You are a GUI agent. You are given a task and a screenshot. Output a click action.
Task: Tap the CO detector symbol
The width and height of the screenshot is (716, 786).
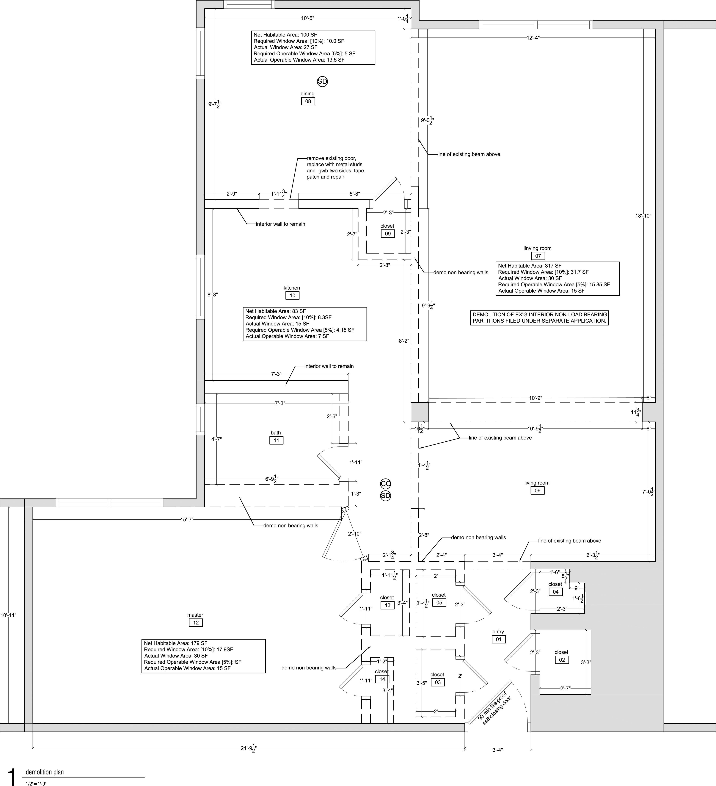(385, 483)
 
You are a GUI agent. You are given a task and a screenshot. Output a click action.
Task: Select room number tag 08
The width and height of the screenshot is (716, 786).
(308, 101)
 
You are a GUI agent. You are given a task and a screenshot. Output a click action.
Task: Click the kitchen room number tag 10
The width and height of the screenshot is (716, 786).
(292, 296)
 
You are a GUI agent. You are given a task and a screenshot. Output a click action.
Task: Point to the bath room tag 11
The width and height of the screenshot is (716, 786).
(276, 440)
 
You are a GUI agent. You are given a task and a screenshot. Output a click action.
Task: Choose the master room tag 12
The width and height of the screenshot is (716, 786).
(196, 623)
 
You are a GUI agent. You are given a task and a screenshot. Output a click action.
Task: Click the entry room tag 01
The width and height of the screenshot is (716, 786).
(499, 639)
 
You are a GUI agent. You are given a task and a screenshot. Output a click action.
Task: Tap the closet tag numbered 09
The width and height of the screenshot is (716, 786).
(388, 234)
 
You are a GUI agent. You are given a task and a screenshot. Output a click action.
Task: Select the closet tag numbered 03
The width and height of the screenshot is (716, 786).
(437, 682)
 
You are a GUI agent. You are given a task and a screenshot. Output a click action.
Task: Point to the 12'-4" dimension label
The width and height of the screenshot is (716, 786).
(533, 37)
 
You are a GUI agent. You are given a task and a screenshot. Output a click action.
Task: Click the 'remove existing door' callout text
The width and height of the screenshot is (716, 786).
(336, 167)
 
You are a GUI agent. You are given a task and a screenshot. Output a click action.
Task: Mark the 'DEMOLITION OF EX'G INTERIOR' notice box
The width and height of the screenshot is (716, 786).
(539, 318)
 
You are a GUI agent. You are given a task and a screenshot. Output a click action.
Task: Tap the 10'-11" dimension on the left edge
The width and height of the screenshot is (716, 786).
(8, 615)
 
